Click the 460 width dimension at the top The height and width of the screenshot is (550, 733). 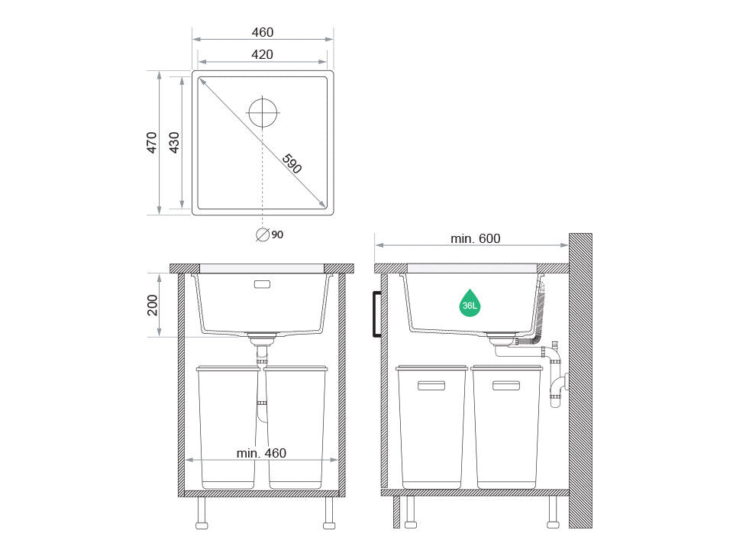point(262,32)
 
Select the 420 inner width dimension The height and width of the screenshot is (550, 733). point(262,54)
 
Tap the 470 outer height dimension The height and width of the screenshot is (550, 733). point(151,143)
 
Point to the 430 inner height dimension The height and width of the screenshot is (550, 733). point(173,143)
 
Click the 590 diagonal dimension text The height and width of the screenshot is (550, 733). point(292,163)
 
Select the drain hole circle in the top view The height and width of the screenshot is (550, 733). point(263,112)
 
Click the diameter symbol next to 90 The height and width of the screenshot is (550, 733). point(263,235)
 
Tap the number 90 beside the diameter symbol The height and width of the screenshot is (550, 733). point(277,235)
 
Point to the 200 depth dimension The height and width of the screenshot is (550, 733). point(151,305)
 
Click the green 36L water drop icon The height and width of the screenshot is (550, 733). point(470,304)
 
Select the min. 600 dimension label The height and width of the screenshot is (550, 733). point(475,239)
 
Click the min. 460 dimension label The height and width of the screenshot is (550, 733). point(261,453)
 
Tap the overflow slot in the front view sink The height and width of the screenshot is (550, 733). point(261,284)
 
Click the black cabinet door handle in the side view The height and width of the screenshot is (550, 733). point(376,314)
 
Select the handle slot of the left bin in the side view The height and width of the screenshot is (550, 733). point(431,386)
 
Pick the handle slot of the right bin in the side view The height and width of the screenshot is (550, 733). point(506,386)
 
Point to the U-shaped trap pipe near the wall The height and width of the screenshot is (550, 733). point(558,386)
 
